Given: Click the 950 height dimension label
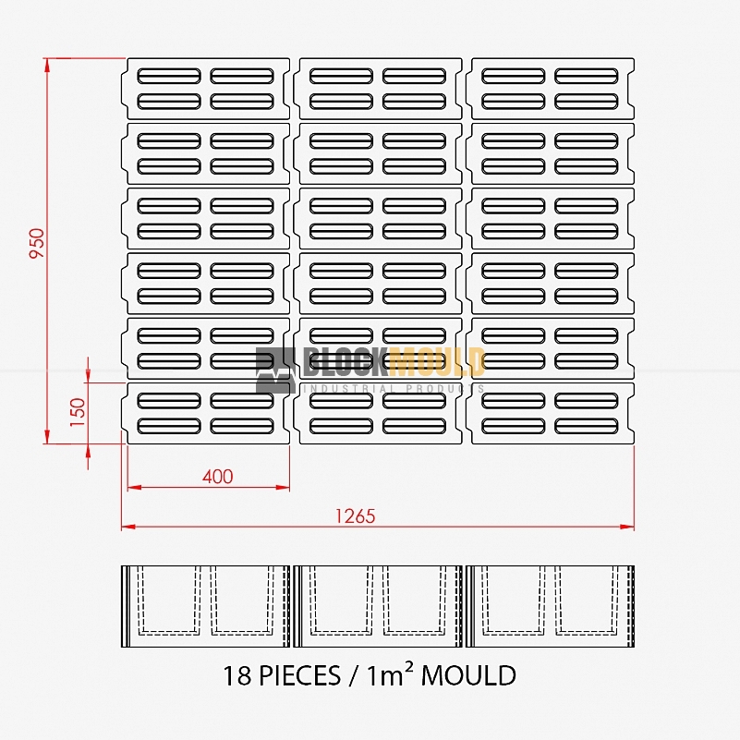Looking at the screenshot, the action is (37, 243).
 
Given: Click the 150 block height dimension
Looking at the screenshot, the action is (78, 412).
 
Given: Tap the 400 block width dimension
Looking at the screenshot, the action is (217, 477).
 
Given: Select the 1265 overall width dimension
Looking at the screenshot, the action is (356, 516).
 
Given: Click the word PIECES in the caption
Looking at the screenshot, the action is (299, 675).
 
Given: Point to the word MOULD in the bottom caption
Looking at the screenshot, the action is (468, 675).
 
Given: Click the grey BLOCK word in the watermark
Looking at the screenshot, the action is (345, 361).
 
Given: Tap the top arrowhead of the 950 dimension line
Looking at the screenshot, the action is (47, 66).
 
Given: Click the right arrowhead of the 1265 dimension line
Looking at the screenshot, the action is (627, 527).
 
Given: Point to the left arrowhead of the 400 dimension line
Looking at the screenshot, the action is (135, 487).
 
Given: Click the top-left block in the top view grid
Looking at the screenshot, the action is (206, 89).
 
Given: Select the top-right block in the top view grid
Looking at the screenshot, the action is (550, 89).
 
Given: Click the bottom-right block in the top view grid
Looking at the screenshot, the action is (550, 413).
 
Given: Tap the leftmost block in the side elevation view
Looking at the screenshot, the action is (206, 606).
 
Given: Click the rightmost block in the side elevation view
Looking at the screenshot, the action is (551, 606).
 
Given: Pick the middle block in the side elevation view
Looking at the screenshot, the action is (378, 606).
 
